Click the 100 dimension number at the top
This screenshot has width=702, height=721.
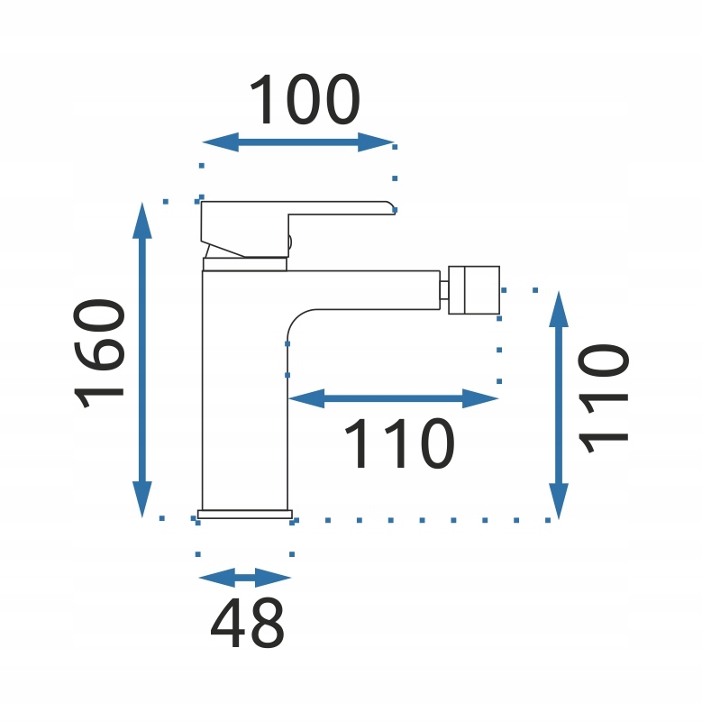click(305, 99)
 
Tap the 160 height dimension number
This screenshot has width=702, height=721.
click(99, 353)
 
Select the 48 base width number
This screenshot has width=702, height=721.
click(247, 623)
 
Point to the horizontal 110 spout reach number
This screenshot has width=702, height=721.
click(399, 443)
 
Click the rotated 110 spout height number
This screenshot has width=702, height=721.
click(603, 398)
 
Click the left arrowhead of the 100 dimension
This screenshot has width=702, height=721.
click(221, 142)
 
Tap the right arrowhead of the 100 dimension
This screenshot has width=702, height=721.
click(376, 142)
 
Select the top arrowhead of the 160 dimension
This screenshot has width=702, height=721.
click(142, 220)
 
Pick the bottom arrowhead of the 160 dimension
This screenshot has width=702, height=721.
click(142, 499)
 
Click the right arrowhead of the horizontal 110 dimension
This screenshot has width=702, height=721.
click(480, 398)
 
